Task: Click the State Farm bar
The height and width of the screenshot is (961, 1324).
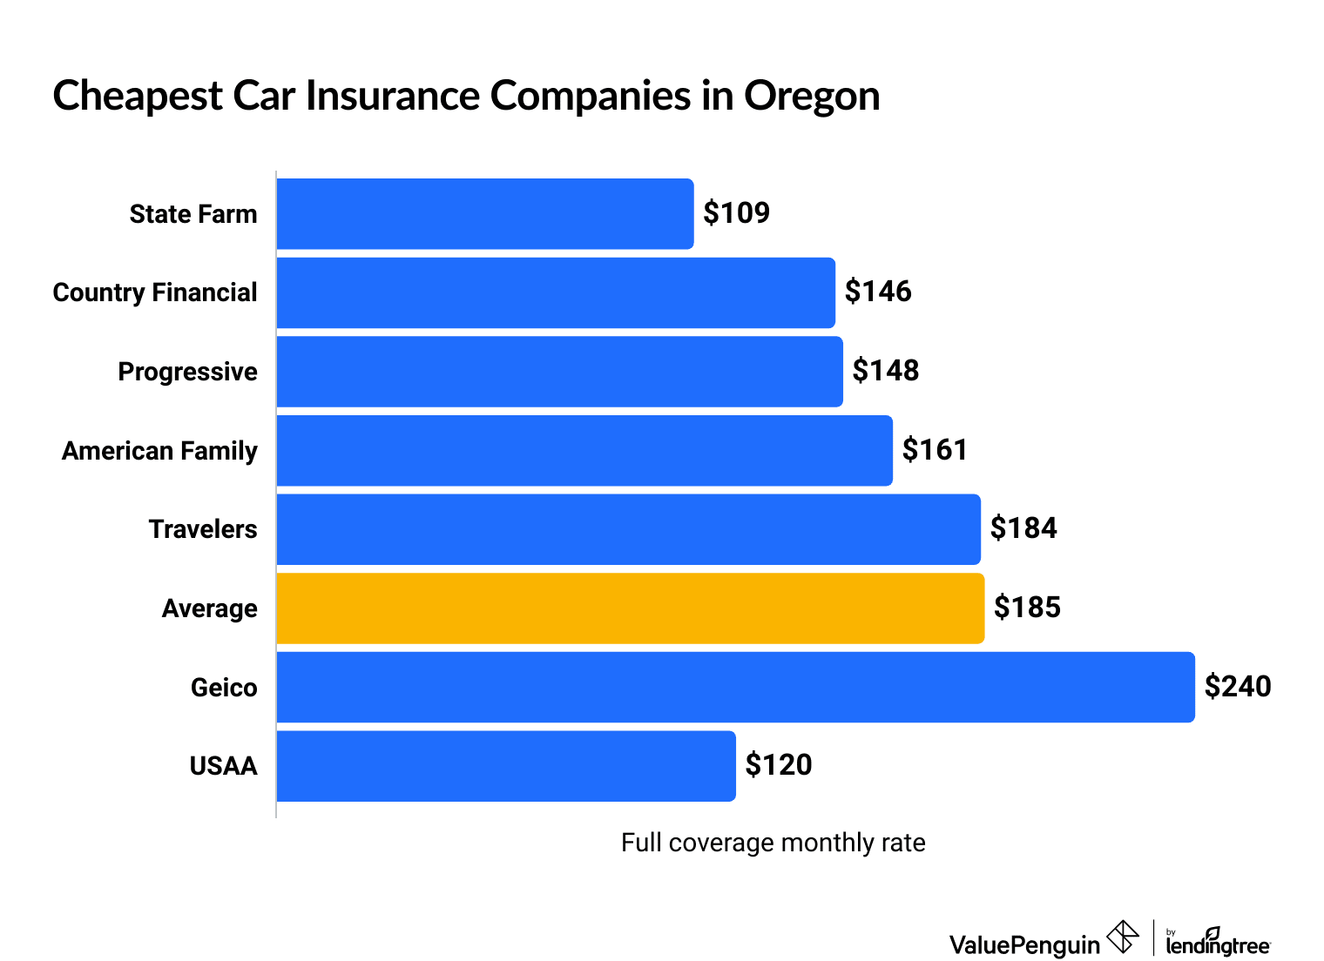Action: click(x=485, y=214)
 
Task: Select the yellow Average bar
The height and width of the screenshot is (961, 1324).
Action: click(x=630, y=608)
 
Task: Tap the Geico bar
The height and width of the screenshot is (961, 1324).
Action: click(x=735, y=687)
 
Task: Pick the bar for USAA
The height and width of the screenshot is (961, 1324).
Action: click(x=506, y=766)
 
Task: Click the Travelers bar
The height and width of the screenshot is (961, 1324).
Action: click(x=628, y=529)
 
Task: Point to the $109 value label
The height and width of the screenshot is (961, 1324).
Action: click(x=737, y=213)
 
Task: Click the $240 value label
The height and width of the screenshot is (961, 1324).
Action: click(x=1238, y=687)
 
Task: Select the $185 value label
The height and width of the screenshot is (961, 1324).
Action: click(x=1027, y=608)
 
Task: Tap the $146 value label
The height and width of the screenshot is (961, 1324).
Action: click(x=878, y=292)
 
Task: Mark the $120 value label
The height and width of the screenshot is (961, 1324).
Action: click(x=779, y=765)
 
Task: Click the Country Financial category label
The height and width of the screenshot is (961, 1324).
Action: click(x=155, y=292)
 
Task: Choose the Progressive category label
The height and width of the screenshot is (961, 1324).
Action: click(x=187, y=372)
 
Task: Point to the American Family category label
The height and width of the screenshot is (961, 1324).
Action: click(x=159, y=451)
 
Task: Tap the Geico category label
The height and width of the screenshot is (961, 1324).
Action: click(x=224, y=688)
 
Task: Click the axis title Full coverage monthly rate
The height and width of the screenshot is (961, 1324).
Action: click(x=773, y=843)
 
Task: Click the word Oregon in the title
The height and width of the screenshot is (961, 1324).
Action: click(x=811, y=96)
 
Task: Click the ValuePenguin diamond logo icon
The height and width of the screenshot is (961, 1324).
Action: click(x=1122, y=937)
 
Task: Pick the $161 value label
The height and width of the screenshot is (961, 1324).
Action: click(x=935, y=450)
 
